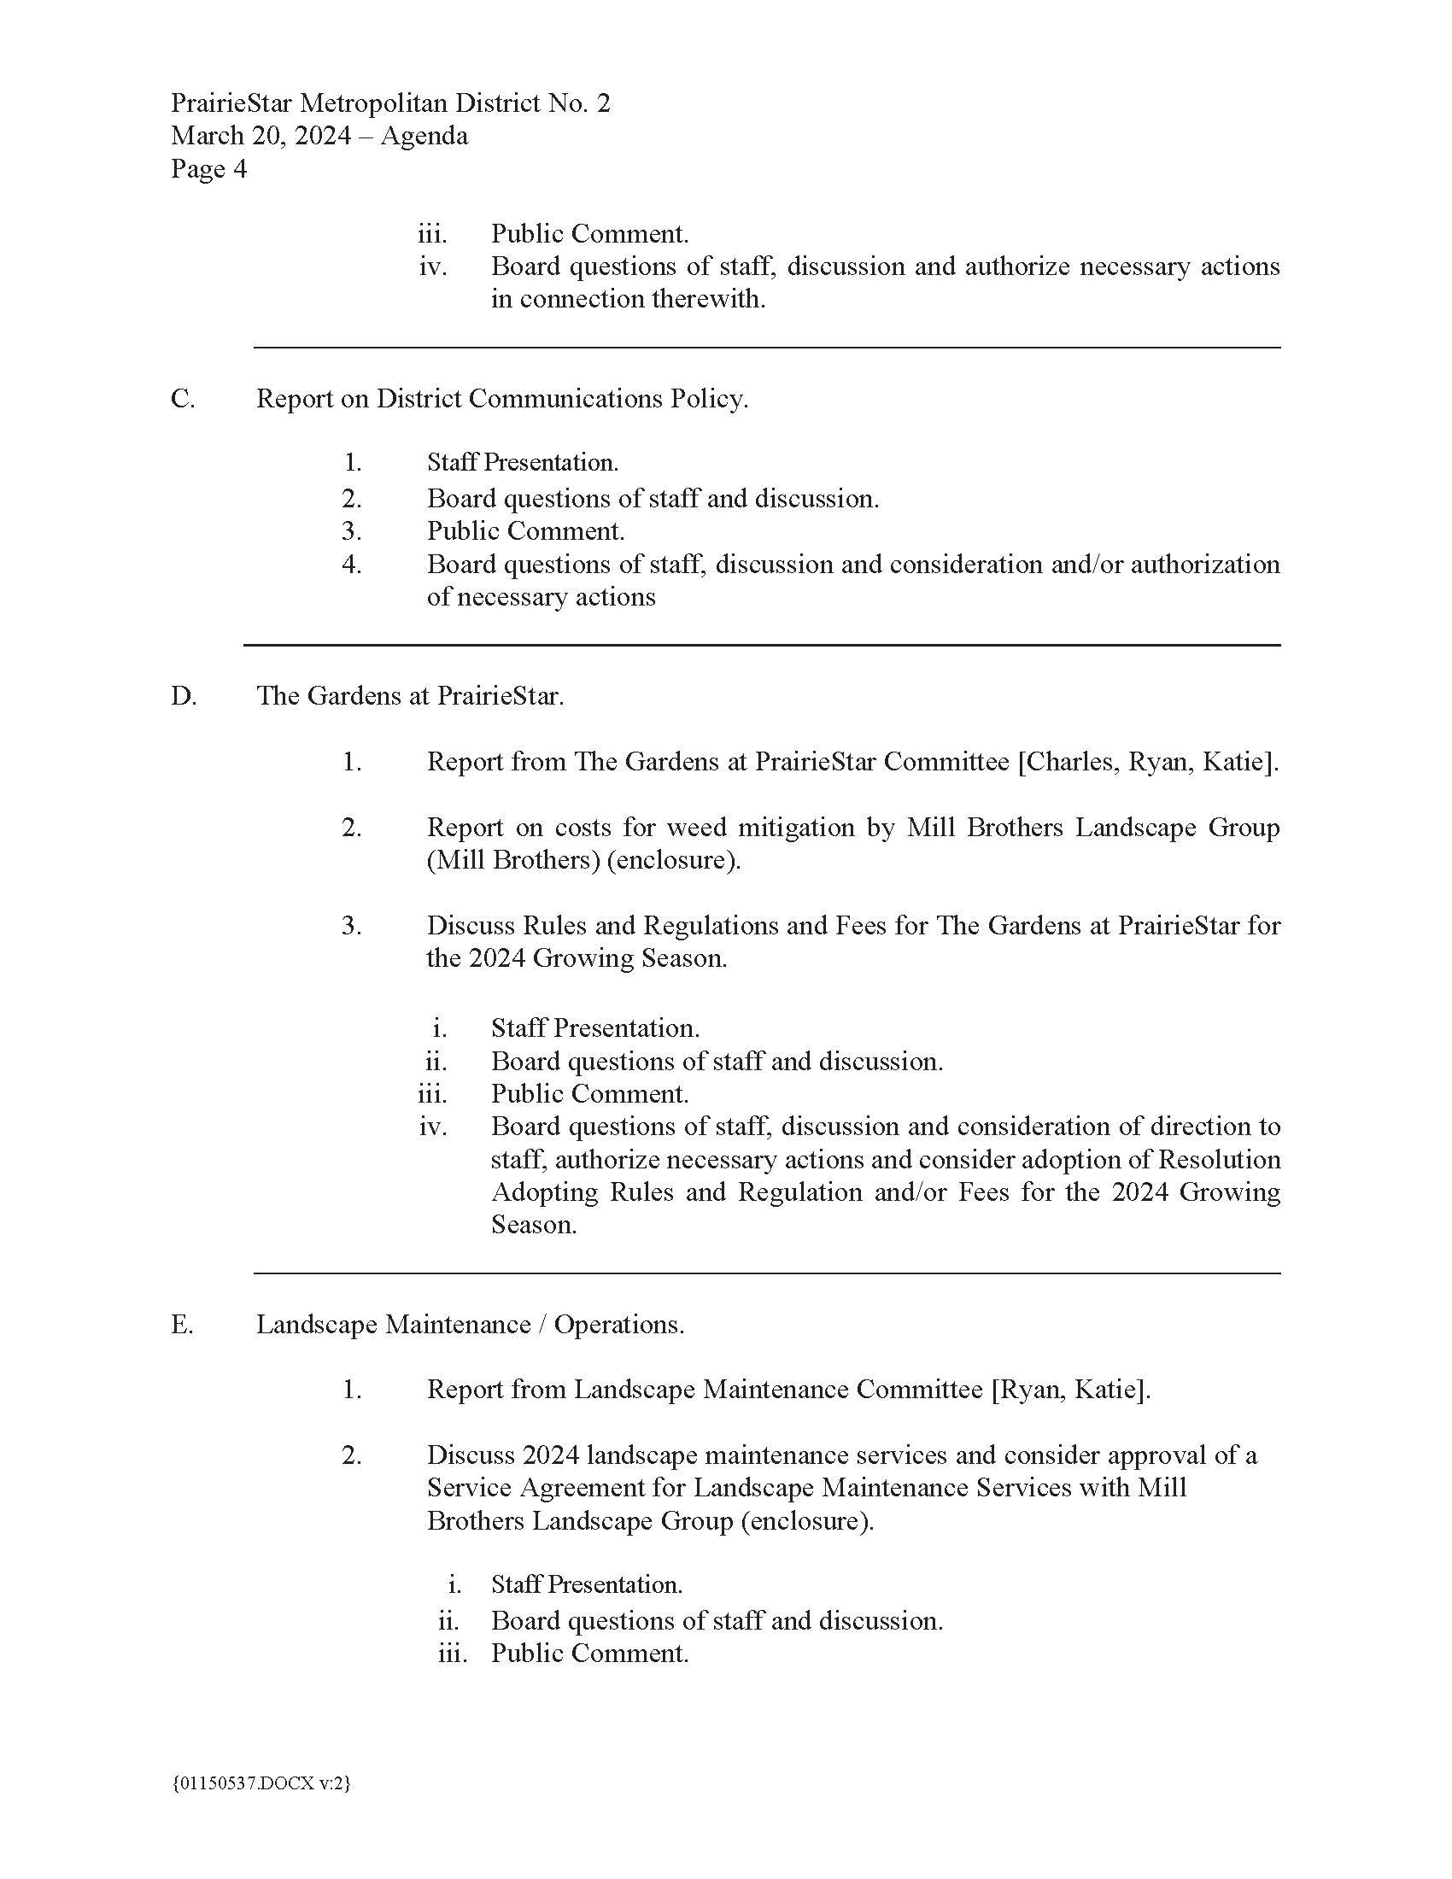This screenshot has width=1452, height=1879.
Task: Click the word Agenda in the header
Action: pyautogui.click(x=424, y=136)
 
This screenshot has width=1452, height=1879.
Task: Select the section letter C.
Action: pyautogui.click(x=183, y=399)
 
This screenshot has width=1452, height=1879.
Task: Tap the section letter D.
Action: pyautogui.click(x=184, y=696)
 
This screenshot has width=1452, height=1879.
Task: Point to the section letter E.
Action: pyautogui.click(x=181, y=1324)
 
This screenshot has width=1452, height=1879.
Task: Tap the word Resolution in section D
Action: pyautogui.click(x=1219, y=1160)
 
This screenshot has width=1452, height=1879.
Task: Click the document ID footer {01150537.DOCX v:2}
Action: pyautogui.click(x=261, y=1783)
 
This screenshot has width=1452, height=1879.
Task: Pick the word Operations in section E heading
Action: pyautogui.click(x=618, y=1324)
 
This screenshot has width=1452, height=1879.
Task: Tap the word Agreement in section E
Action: pyautogui.click(x=626, y=1488)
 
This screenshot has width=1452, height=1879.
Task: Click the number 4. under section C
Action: pyautogui.click(x=352, y=565)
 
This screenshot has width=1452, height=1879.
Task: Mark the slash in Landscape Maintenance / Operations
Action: pyautogui.click(x=542, y=1324)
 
